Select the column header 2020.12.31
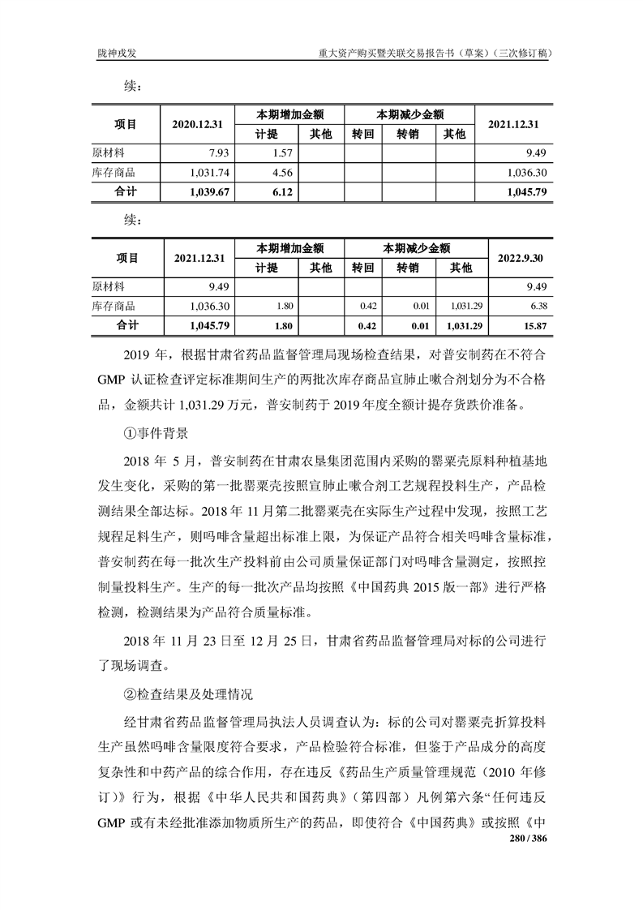coord(197,124)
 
